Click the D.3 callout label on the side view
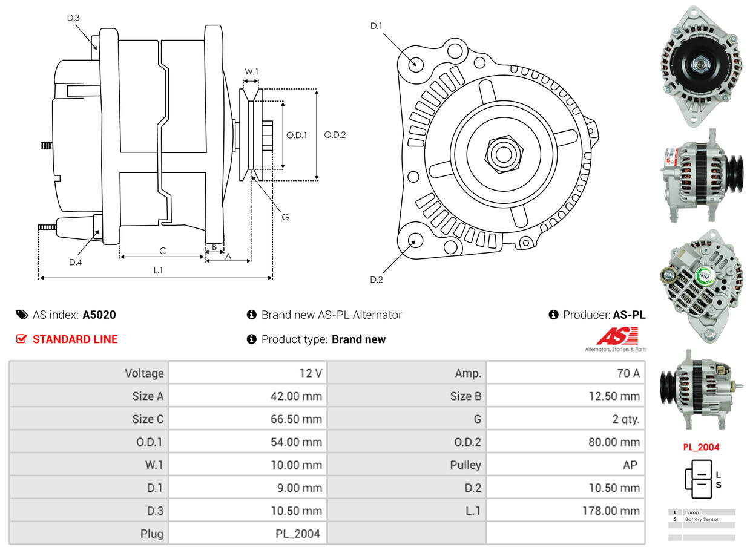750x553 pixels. (x=73, y=18)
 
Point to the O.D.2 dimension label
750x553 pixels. (x=335, y=135)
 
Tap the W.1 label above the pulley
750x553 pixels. (x=251, y=71)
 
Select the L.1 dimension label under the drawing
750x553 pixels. (x=157, y=270)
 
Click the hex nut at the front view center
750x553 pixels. (x=502, y=153)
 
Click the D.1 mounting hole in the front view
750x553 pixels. (x=416, y=64)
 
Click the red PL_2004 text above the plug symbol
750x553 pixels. (x=701, y=447)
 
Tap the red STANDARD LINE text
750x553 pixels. (x=75, y=339)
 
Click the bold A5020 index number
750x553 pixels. (x=99, y=315)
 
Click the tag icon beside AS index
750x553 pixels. (x=22, y=315)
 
